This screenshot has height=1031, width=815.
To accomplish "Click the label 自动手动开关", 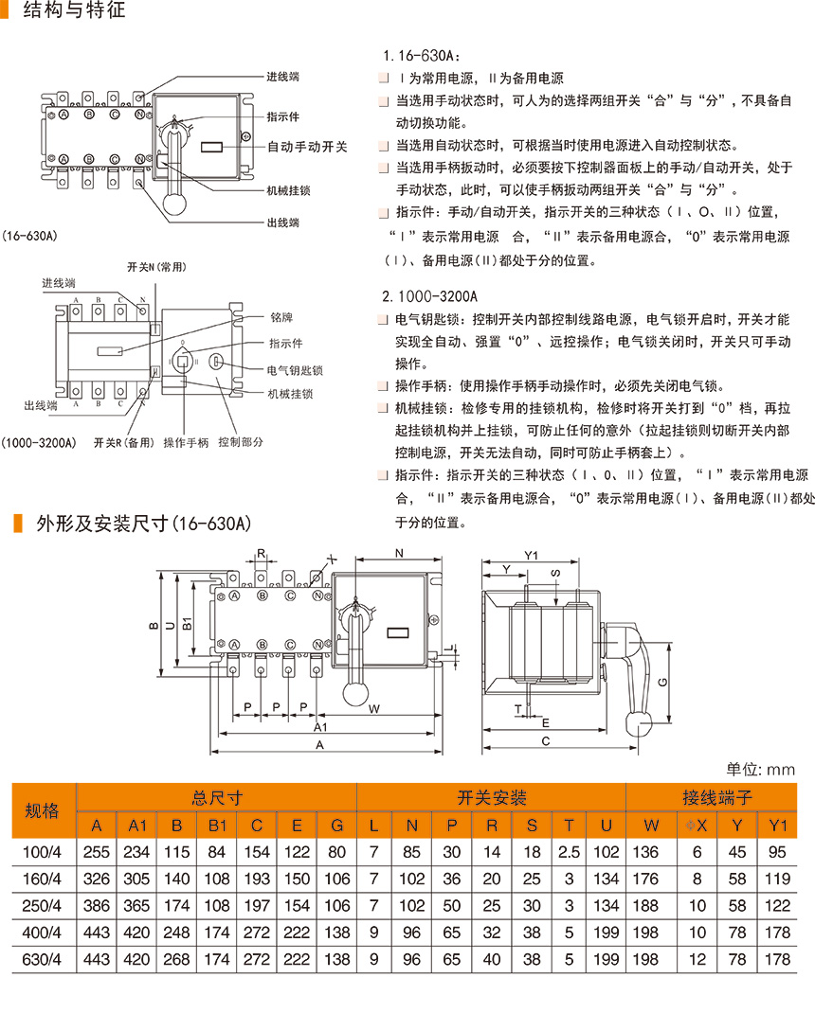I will (307, 147).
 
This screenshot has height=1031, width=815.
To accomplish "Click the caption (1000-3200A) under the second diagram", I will (39, 442).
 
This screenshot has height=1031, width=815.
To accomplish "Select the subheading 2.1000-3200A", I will (429, 296).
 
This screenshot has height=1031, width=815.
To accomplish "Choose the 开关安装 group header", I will (491, 797).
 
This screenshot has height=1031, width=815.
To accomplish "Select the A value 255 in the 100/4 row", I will (97, 851).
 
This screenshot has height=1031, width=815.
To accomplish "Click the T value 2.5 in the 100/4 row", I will (569, 851).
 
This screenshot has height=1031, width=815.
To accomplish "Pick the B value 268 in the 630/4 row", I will (177, 959).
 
